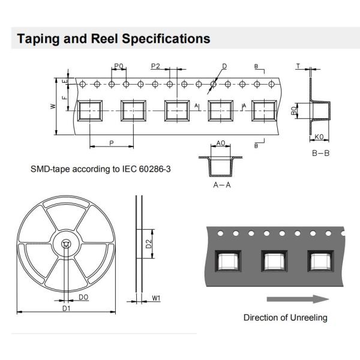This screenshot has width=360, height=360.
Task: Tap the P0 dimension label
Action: coord(118,66)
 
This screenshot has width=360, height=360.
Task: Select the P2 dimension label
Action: coord(155,66)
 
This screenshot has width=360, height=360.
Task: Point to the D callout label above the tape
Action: coord(224,66)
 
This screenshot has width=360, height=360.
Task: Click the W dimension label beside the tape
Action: coord(53,106)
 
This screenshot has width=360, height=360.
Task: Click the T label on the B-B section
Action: coord(298,65)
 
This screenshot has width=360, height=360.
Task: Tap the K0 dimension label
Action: coord(320,137)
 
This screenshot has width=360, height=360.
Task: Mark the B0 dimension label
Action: coord(294,111)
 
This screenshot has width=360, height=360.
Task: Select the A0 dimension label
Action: coord(220,143)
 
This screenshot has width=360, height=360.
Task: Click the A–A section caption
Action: coord(222,185)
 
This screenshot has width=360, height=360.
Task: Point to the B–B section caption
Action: coord(320,154)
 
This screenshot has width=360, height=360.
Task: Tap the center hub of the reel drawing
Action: coord(65,244)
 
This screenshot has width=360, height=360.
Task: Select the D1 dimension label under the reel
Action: coord(67,308)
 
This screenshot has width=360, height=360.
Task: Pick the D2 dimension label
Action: coord(148,244)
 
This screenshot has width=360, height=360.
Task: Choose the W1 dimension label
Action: coord(156,298)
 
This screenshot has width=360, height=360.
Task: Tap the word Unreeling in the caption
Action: coord(307,317)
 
